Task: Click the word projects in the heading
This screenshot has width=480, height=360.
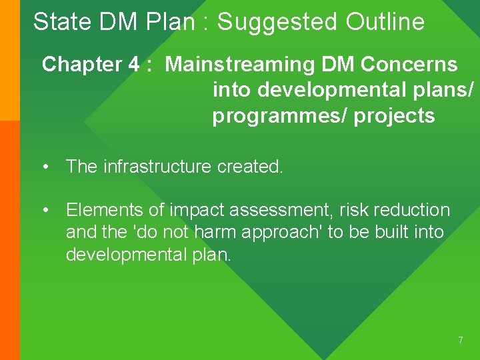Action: click(x=395, y=116)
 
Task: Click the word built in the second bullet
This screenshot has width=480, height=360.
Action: click(x=391, y=233)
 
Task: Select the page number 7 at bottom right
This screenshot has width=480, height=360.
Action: click(x=460, y=341)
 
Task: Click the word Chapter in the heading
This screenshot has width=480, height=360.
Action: click(x=81, y=65)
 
